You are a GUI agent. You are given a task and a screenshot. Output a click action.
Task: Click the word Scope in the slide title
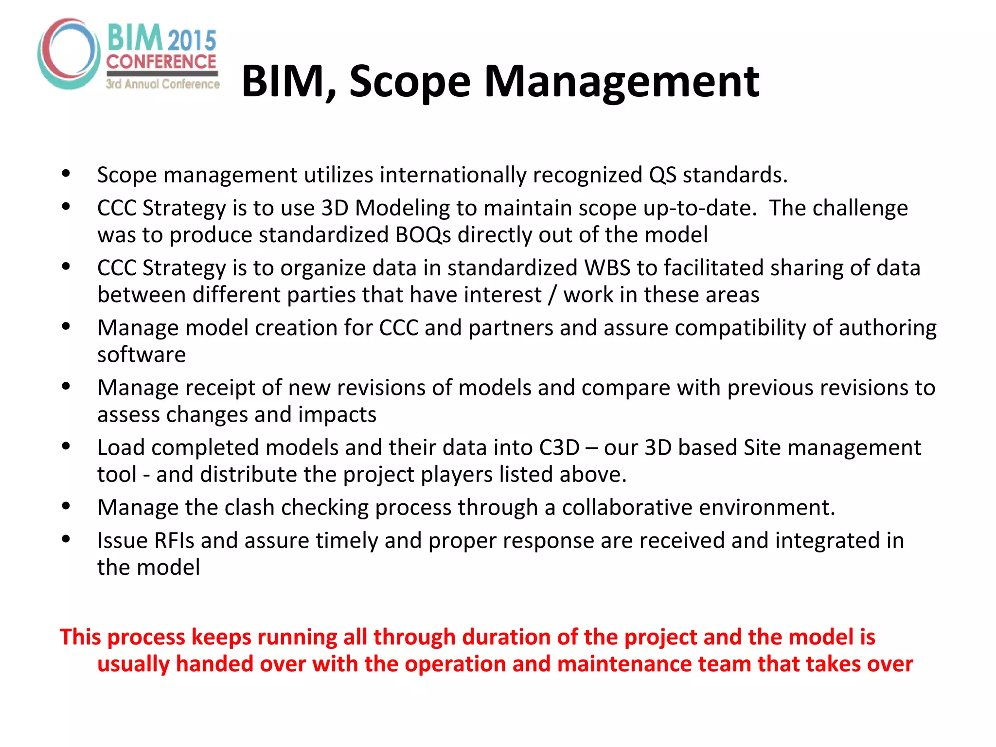pos(409,82)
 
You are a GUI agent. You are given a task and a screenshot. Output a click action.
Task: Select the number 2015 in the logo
pos(192,40)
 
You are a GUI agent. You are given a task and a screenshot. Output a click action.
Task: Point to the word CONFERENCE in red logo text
pos(161,62)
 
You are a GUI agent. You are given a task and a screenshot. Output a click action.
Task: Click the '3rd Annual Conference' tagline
pos(163,84)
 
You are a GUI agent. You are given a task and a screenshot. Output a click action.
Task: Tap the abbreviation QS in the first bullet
pos(662,175)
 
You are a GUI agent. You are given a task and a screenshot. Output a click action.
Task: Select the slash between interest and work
pos(552,295)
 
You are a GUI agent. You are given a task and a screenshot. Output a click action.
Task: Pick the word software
pos(142,355)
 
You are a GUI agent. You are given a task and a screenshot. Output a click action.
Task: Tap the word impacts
pos(337,414)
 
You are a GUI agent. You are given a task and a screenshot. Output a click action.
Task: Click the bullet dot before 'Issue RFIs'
pos(66,538)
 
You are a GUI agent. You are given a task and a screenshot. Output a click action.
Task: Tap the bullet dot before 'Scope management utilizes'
pos(66,173)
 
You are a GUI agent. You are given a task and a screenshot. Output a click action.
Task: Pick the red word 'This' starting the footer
pos(81,637)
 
